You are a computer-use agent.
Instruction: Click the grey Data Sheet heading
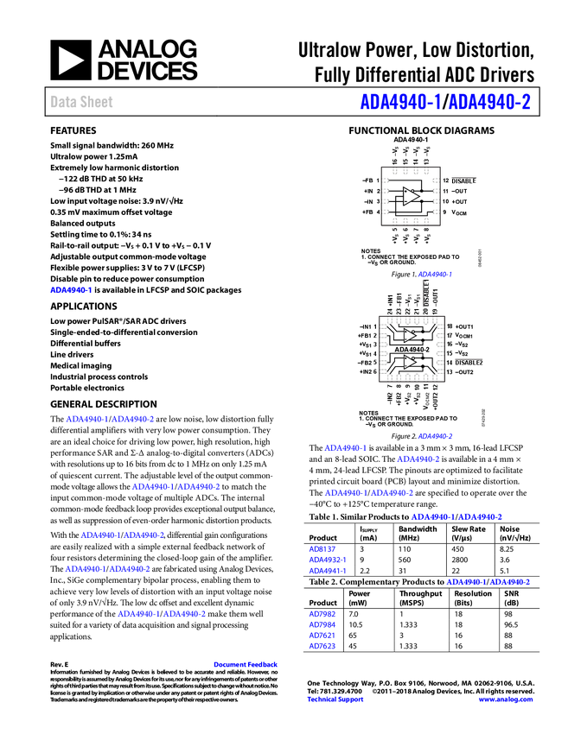pyautogui.click(x=82, y=102)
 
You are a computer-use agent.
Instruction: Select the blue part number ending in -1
pyautogui.click(x=401, y=102)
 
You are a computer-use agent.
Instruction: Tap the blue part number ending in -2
pyautogui.click(x=491, y=102)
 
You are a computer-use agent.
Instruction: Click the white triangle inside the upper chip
pyautogui.click(x=411, y=196)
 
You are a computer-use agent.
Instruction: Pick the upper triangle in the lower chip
pyautogui.click(x=410, y=335)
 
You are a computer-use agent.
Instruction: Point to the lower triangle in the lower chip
pyautogui.click(x=410, y=362)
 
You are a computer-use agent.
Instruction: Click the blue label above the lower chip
pyautogui.click(x=435, y=275)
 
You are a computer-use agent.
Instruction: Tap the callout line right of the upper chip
pyautogui.click(x=463, y=178)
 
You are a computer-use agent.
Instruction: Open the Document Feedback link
pyautogui.click(x=246, y=665)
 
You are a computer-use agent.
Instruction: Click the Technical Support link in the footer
pyautogui.click(x=335, y=699)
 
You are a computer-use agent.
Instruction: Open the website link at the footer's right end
pyautogui.click(x=506, y=699)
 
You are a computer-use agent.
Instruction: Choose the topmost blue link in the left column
pyautogui.click(x=70, y=290)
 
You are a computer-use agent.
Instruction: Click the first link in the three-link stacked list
pyautogui.click(x=322, y=549)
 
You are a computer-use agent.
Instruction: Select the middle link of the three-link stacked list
pyautogui.click(x=326, y=560)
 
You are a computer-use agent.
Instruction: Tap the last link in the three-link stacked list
pyautogui.click(x=326, y=570)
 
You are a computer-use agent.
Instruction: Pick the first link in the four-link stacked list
pyautogui.click(x=322, y=615)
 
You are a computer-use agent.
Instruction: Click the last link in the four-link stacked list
pyautogui.click(x=322, y=645)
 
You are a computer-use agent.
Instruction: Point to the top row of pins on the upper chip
pyautogui.click(x=411, y=171)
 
